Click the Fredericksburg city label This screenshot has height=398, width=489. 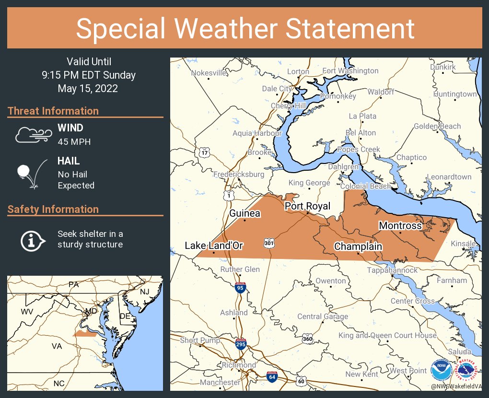point(239,174)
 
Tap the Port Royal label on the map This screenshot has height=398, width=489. point(307,206)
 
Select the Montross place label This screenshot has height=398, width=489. point(400,225)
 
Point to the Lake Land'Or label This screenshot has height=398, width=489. point(214,246)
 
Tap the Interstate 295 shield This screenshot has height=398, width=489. point(241,344)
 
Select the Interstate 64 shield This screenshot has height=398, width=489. point(272,376)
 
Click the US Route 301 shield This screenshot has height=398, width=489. point(268,244)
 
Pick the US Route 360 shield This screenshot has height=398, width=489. point(308,339)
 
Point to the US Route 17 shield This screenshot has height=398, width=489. point(204,152)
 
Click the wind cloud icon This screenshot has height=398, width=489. point(33,135)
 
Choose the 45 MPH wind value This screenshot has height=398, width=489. point(74,142)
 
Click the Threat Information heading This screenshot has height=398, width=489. point(53,111)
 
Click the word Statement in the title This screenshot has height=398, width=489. point(350,28)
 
